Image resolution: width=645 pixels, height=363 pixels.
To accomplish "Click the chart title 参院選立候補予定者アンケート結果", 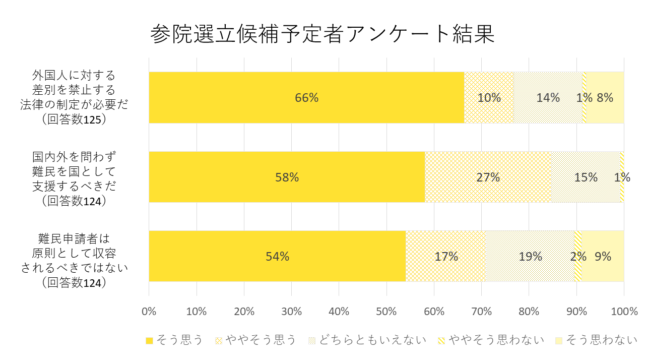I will tap(322, 34).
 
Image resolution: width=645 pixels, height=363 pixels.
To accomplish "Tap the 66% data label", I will tap(306, 98).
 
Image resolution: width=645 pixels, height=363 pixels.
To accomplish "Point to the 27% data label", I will tap(488, 177).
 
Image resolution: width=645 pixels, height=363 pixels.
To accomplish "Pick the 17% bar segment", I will tap(445, 256).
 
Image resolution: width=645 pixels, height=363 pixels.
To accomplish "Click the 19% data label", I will tap(531, 257).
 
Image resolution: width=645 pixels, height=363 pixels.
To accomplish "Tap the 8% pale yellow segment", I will tap(605, 98).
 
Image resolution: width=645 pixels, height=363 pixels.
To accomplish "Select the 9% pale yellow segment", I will tap(603, 256).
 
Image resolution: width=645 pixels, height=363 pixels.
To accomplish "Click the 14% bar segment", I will tap(548, 98).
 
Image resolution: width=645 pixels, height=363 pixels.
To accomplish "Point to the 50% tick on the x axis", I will tap(386, 312).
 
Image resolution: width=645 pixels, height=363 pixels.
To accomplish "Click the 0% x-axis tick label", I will tap(149, 312).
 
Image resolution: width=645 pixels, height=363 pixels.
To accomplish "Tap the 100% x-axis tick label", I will tap(624, 312).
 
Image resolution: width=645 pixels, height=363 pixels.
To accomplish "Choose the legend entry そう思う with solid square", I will tap(174, 340).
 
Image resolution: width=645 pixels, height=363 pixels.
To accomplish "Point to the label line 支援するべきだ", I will tap(74, 186).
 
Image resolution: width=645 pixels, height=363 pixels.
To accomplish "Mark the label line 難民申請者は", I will tap(74, 238).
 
